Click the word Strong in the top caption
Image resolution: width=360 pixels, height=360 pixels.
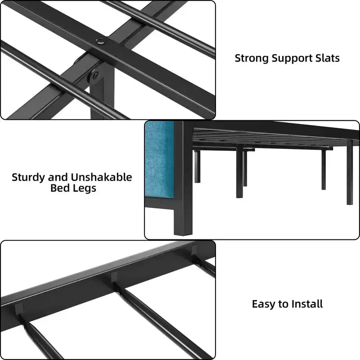(252, 58)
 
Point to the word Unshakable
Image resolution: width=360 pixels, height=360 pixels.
(101, 177)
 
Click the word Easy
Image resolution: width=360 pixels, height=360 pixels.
(264, 305)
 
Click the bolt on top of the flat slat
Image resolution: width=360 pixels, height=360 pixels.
(100, 41)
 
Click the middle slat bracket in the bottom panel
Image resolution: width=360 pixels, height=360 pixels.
(114, 277)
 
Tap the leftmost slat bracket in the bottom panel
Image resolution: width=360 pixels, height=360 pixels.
(19, 309)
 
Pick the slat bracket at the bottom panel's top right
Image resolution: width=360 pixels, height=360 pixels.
(194, 251)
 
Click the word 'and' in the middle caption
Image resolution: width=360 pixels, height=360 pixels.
(58, 177)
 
